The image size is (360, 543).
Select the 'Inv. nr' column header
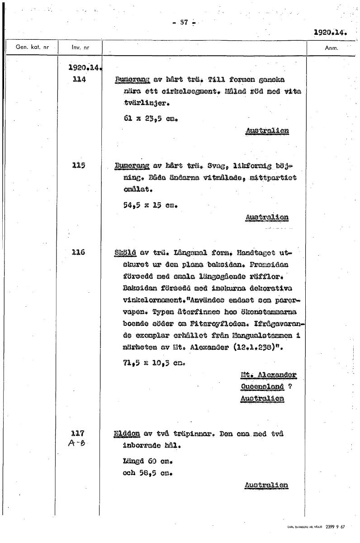tap(79, 47)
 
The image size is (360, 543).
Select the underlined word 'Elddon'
tap(127, 434)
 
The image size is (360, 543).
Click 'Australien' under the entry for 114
tap(267, 131)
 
